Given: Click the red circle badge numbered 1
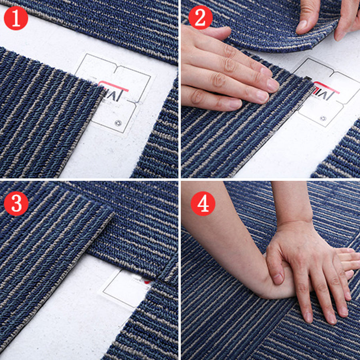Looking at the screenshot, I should pyautogui.click(x=16, y=18).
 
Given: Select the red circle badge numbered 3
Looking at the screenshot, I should pyautogui.click(x=16, y=204).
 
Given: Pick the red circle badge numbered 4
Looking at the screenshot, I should pyautogui.click(x=203, y=204).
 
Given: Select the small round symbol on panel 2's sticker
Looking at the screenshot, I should pyautogui.click(x=323, y=118).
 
